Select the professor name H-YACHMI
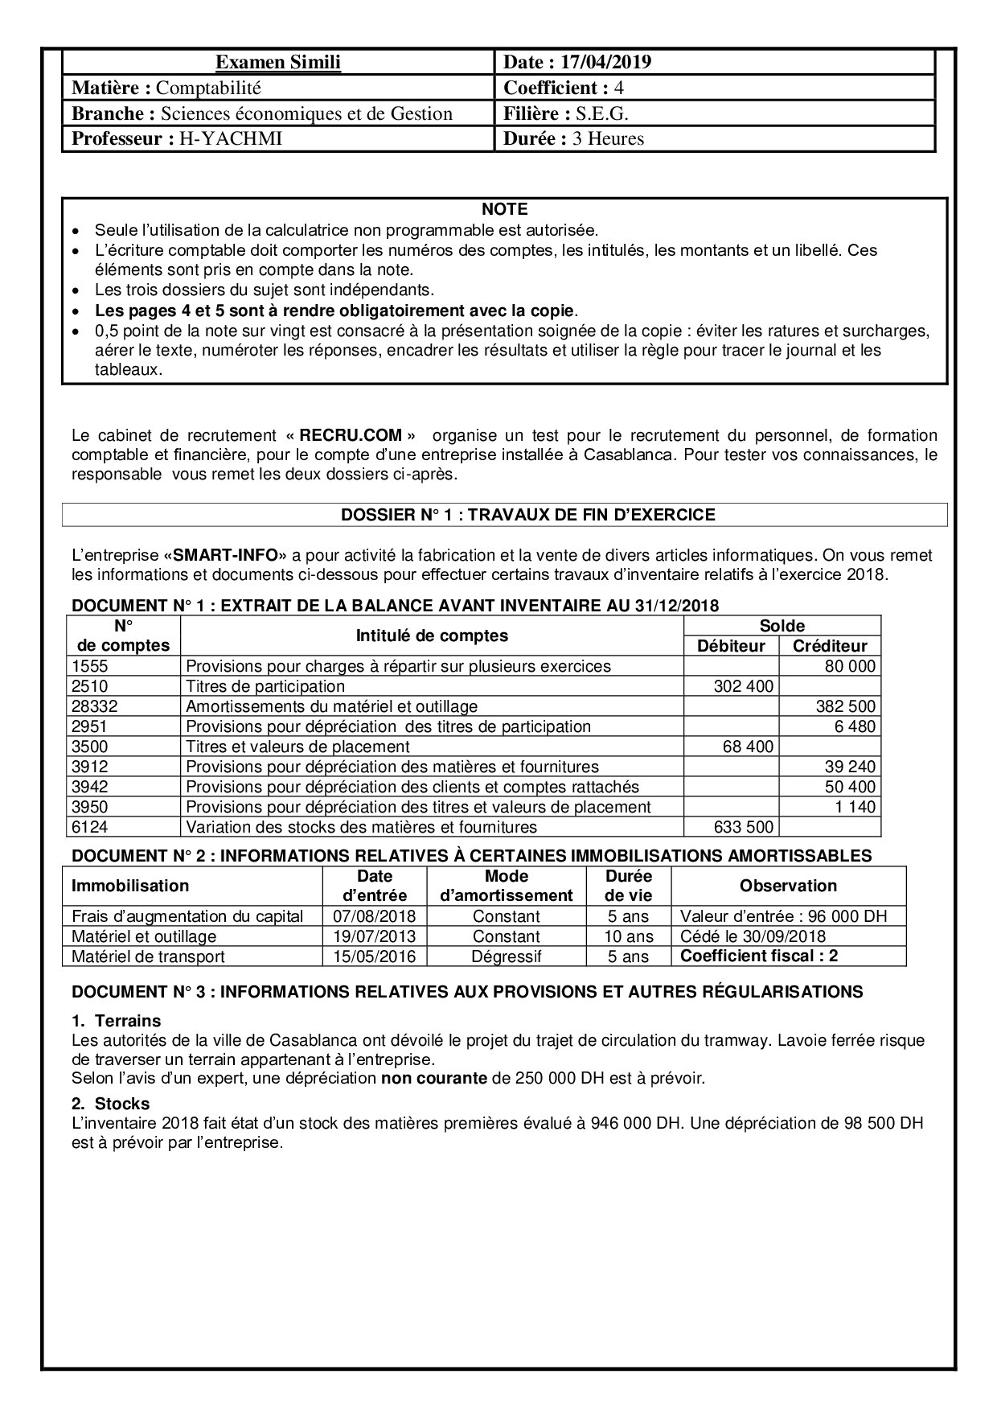click(230, 138)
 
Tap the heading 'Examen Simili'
click(278, 62)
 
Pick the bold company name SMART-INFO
click(225, 555)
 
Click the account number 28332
click(93, 706)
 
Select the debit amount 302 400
click(744, 686)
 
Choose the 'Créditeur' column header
click(830, 645)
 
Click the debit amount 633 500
click(744, 827)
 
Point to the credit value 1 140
click(855, 807)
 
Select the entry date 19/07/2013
click(375, 936)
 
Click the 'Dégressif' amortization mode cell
click(507, 956)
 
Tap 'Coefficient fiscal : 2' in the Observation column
click(757, 956)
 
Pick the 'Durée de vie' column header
click(628, 886)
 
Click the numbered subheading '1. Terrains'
click(116, 1021)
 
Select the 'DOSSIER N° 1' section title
click(504, 515)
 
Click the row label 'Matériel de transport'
click(148, 956)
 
